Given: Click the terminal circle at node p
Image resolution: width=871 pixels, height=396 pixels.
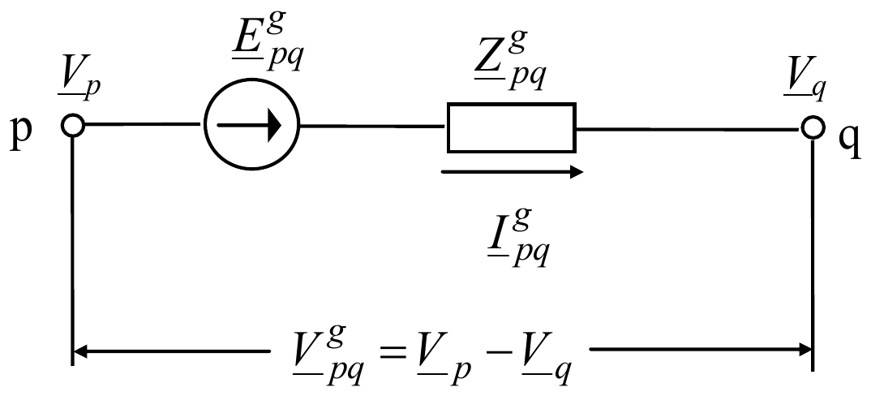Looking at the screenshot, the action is tap(72, 126).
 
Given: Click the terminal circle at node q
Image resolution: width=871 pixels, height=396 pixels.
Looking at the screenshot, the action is tap(812, 128).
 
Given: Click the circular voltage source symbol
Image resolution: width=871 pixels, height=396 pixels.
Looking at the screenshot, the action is tap(251, 124).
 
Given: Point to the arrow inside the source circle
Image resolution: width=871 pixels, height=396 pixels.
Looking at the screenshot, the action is tap(250, 126).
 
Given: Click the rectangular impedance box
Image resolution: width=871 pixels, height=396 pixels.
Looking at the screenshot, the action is tap(512, 127).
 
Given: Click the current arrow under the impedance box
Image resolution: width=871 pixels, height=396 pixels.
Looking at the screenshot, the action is tap(513, 172).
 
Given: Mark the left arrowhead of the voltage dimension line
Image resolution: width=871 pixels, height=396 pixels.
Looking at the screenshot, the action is tap(81, 351).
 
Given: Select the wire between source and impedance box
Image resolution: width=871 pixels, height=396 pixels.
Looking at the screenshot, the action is tap(373, 126).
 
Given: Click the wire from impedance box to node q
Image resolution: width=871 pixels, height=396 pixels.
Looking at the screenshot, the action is tap(689, 129).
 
